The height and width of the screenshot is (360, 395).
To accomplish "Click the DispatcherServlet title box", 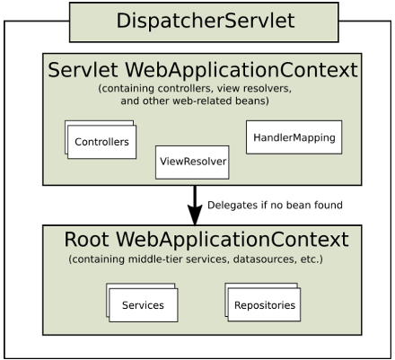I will tap(204, 21).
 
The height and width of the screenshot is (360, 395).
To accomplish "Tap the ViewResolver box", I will tap(191, 164).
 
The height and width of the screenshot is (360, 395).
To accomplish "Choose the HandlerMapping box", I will tap(281, 138).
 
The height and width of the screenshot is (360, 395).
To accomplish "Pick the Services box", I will tap(143, 305).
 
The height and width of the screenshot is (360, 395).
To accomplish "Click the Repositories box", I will tap(264, 305).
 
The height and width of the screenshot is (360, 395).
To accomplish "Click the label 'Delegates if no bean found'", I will tap(275, 205).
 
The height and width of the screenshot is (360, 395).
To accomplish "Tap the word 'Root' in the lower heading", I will tap(88, 240).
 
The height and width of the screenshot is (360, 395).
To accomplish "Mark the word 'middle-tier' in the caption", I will tap(153, 260).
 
